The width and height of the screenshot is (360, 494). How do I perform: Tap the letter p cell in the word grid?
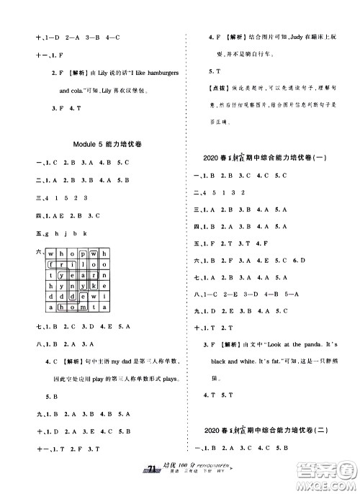coord(84,254)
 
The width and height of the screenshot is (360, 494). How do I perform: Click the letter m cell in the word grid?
coord(84,307)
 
